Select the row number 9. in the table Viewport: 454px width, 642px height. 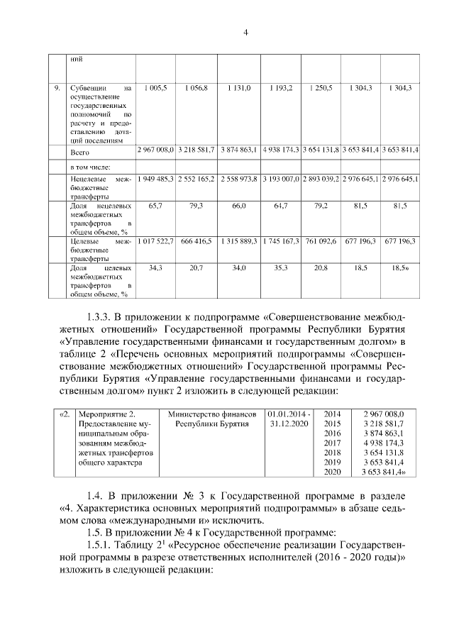57,88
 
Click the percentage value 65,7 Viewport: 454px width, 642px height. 155,206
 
